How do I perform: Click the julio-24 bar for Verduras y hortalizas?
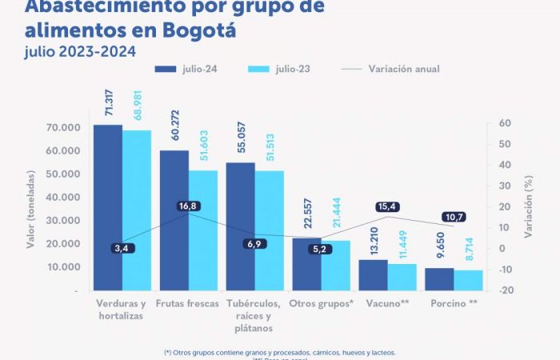pyautogui.click(x=108, y=207)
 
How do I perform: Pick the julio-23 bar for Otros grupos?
pyautogui.click(x=336, y=265)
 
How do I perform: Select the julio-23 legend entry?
pyautogui.click(x=283, y=69)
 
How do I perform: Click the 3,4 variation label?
pyautogui.click(x=122, y=249)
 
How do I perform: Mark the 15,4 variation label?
pyautogui.click(x=388, y=207)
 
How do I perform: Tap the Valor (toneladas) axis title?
pyautogui.click(x=31, y=209)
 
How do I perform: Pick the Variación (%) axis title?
pyautogui.click(x=529, y=209)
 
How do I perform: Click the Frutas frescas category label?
pyautogui.click(x=188, y=304)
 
